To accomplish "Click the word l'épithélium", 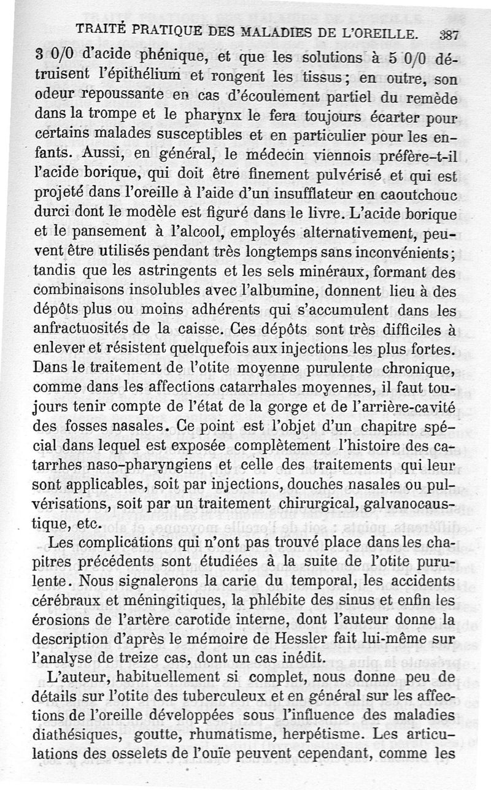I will [x=137, y=78].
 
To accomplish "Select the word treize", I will [x=149, y=656].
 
